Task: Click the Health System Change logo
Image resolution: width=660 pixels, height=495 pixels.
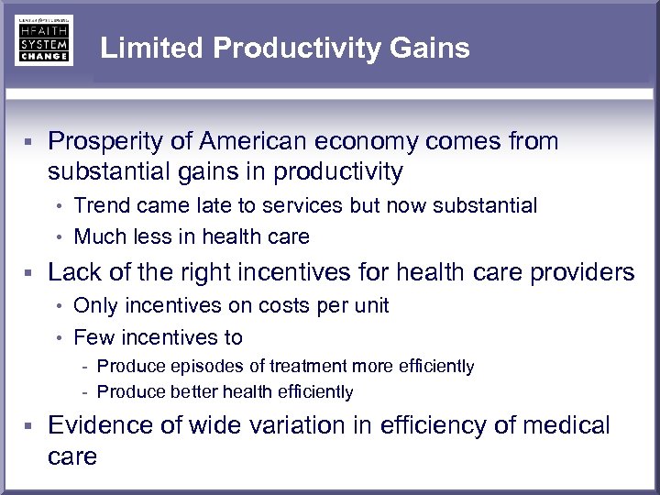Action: pyautogui.click(x=43, y=40)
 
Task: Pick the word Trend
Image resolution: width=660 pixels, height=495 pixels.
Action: pyautogui.click(x=100, y=205)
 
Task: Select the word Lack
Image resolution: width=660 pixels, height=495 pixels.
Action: pyautogui.click(x=73, y=272)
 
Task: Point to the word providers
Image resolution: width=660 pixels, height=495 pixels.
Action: pyautogui.click(x=582, y=272)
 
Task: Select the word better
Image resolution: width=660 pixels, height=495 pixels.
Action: pyautogui.click(x=195, y=392)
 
